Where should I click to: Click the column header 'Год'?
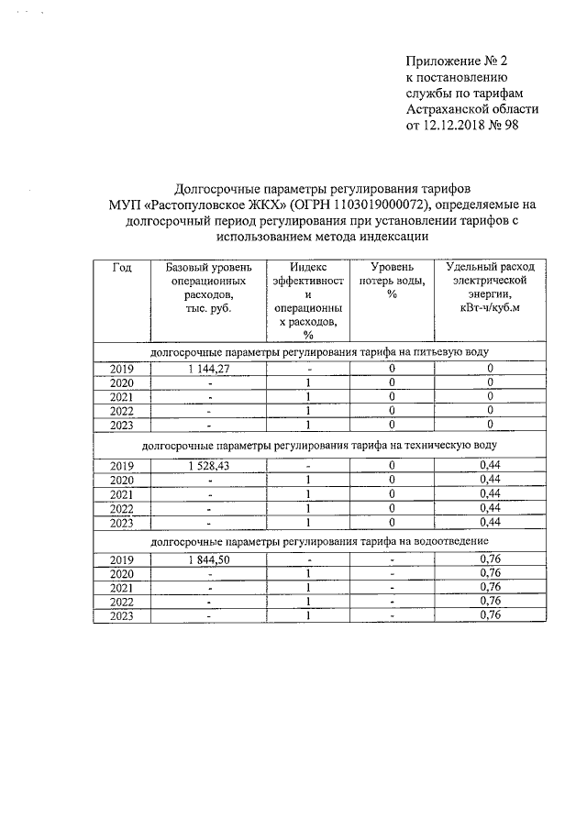click(122, 267)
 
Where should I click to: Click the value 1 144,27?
click(208, 368)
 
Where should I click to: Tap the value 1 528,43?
click(208, 465)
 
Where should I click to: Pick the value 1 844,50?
click(208, 559)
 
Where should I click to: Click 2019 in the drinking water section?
click(122, 368)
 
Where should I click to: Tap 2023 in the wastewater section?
click(122, 615)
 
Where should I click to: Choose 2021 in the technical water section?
click(122, 493)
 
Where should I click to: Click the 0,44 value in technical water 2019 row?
click(491, 465)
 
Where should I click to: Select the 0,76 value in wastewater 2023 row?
click(491, 615)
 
